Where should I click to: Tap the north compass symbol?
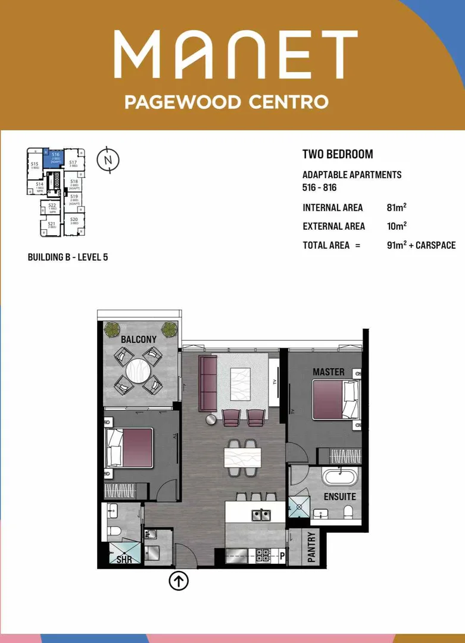pos(108,160)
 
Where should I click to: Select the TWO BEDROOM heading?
pos(338,154)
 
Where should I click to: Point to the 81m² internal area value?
pos(397,208)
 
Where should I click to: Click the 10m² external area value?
pos(397,226)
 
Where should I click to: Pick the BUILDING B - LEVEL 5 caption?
pos(68,257)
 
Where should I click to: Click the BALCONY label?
pos(139,339)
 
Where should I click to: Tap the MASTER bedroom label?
pos(329,372)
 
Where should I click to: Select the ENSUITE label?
pos(340,497)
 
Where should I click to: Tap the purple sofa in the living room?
pos(208,383)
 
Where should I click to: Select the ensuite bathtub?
pos(338,477)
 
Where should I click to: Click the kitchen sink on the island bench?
pos(260,514)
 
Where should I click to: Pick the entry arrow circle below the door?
pos(179,580)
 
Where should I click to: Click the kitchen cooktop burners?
pos(264,555)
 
